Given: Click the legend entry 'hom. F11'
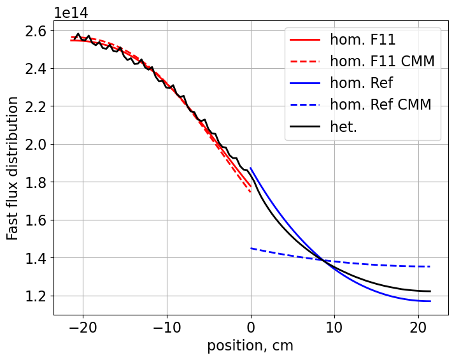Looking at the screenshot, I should point(362,40).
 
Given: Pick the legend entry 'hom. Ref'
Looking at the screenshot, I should point(361,83).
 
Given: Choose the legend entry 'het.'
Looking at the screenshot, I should point(343,127).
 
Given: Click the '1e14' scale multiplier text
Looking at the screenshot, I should point(71,13).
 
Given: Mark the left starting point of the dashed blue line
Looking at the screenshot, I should point(251,248).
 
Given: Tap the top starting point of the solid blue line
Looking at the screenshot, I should point(251,168).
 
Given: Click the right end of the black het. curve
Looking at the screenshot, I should point(430,291).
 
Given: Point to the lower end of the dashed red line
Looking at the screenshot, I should point(251,192).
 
